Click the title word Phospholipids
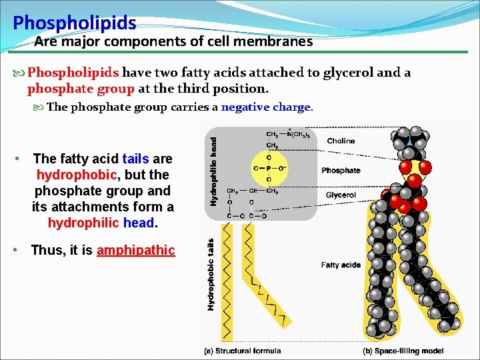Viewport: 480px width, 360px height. pyautogui.click(x=75, y=24)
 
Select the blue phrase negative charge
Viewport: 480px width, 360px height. pyautogui.click(x=266, y=107)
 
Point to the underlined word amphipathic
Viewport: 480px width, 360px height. pyautogui.click(x=136, y=251)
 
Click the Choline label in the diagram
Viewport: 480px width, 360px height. pyautogui.click(x=341, y=141)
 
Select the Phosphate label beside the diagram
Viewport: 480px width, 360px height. pyautogui.click(x=341, y=171)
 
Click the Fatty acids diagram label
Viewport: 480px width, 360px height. pyautogui.click(x=341, y=265)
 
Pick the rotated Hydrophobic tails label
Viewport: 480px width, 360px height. pyautogui.click(x=211, y=275)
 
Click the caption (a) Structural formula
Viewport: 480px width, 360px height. pyautogui.click(x=242, y=351)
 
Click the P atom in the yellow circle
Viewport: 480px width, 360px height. pyautogui.click(x=269, y=168)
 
